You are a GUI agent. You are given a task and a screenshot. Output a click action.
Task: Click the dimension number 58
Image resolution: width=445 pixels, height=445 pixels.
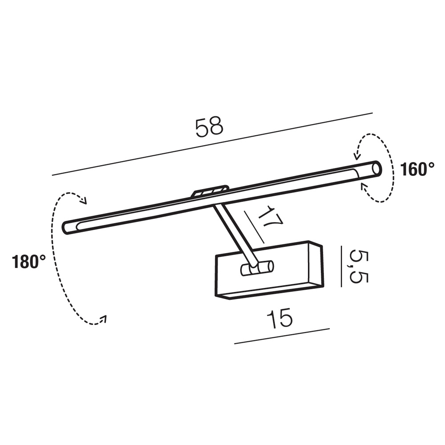(210, 127)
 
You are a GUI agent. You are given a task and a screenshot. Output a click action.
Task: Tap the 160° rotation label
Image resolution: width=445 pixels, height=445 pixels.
(417, 170)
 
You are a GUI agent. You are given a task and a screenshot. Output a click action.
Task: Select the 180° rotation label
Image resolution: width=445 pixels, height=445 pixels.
(28, 261)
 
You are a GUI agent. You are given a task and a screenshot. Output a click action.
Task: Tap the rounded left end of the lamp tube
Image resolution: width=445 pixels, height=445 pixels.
(66, 228)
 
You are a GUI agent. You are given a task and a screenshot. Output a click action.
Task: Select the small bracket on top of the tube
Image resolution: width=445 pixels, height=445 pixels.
(210, 191)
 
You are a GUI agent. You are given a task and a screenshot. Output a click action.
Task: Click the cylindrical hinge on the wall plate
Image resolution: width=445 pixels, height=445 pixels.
(257, 268)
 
